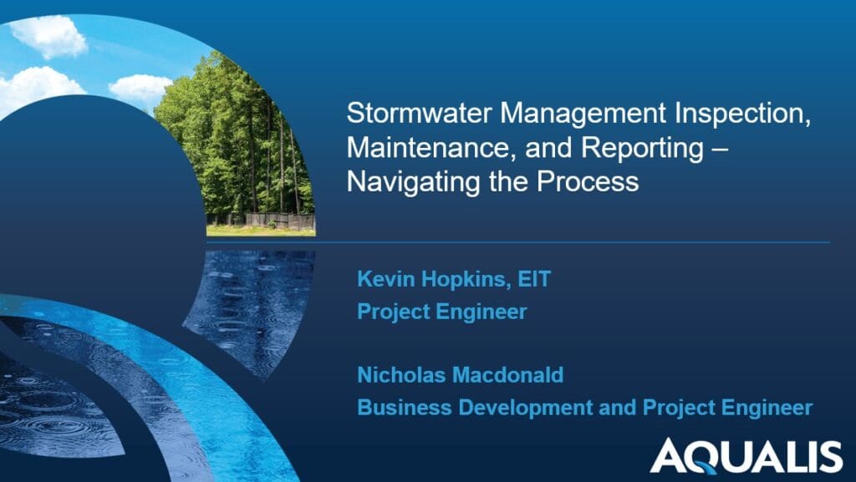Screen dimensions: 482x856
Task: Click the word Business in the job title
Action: click(x=398, y=408)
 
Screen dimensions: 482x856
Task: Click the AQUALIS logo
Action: click(x=746, y=455)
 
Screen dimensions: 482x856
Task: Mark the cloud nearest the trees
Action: click(x=140, y=87)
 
